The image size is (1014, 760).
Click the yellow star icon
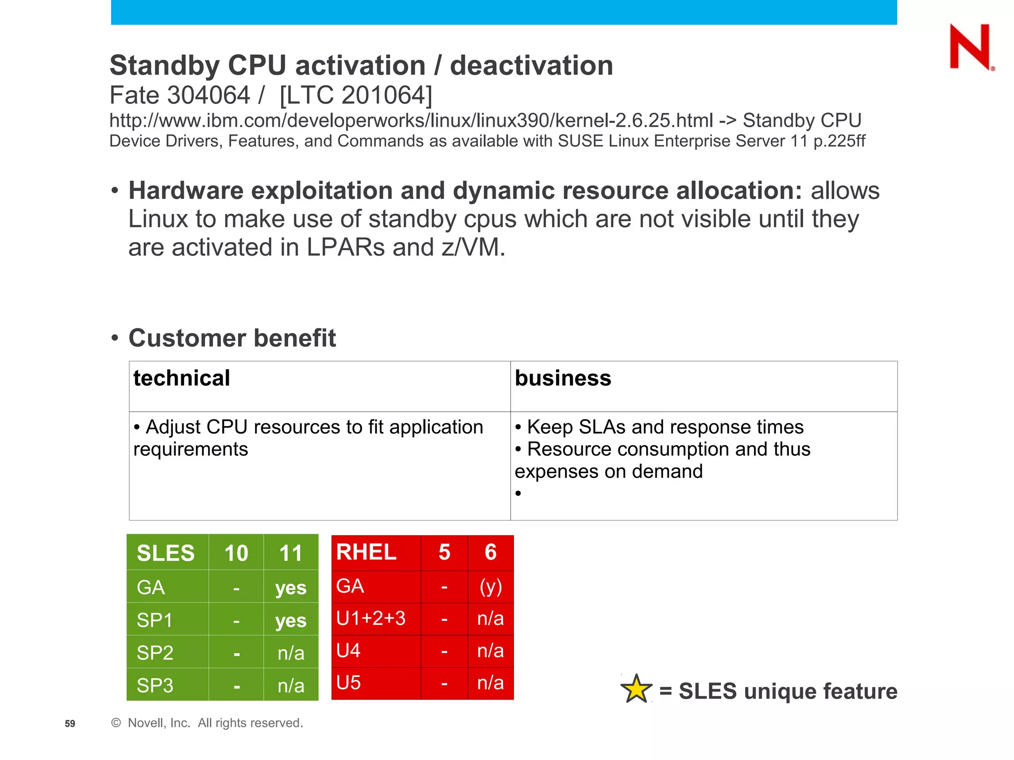click(x=636, y=689)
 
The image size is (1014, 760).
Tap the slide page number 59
click(x=70, y=723)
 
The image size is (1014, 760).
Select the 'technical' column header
click(x=182, y=379)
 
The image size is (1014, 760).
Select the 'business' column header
click(x=563, y=379)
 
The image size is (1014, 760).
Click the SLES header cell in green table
click(x=166, y=553)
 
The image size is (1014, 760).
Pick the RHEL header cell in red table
click(x=366, y=552)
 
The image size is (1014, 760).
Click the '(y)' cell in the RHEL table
click(x=491, y=586)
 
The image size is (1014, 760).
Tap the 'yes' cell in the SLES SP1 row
click(x=291, y=620)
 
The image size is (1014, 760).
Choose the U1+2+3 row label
click(x=371, y=618)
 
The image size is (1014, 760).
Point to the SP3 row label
click(x=155, y=685)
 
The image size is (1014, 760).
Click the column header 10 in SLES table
click(x=236, y=553)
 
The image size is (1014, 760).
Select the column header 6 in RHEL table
click(x=491, y=552)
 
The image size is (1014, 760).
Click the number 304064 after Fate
click(x=208, y=95)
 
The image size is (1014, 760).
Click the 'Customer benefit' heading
click(x=232, y=338)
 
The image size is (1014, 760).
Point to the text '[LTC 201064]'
click(x=355, y=95)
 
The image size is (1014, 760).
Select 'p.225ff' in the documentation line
click(x=839, y=142)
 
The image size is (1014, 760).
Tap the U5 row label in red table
click(x=349, y=683)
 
